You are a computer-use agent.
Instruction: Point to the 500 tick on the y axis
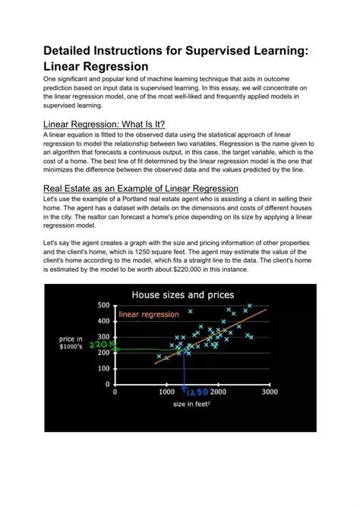pyautogui.click(x=104, y=304)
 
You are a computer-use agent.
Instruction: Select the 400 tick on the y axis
pyautogui.click(x=104, y=321)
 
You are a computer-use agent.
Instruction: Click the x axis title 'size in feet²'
pyautogui.click(x=192, y=405)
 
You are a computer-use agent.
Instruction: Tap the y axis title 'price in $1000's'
pyautogui.click(x=71, y=342)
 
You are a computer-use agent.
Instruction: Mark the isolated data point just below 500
pyautogui.click(x=169, y=311)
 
